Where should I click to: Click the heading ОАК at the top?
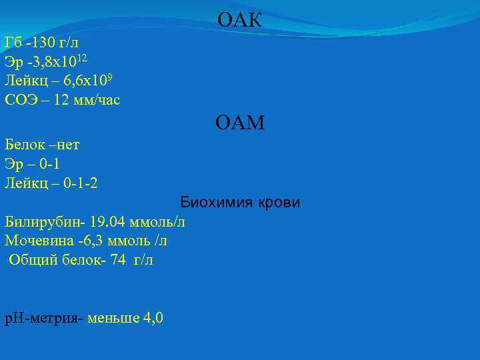(x=239, y=21)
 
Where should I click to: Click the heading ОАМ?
(x=239, y=123)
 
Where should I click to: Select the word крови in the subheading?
(x=276, y=202)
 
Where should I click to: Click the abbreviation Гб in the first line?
(x=13, y=43)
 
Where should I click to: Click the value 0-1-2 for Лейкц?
(x=81, y=182)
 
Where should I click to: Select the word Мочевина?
(x=39, y=240)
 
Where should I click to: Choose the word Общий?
(x=31, y=259)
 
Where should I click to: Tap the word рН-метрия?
(x=41, y=318)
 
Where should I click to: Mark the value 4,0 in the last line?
(x=152, y=318)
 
